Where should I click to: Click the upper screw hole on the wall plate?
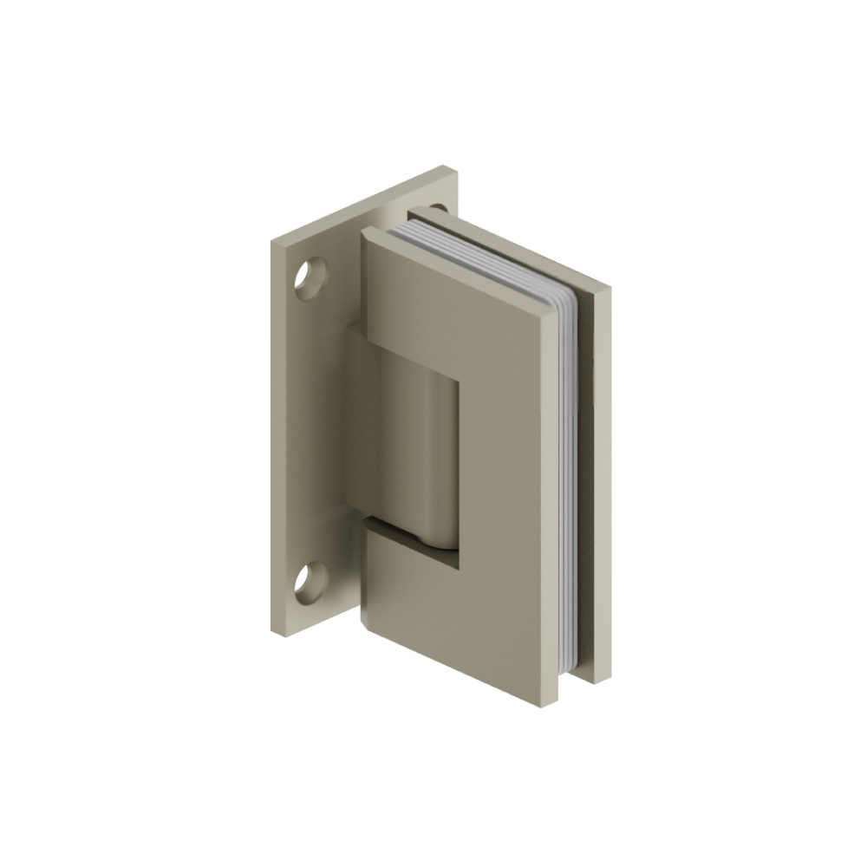309,278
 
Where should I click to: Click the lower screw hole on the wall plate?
309,583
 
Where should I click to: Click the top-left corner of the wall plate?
271,240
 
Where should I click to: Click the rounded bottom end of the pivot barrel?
433,542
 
